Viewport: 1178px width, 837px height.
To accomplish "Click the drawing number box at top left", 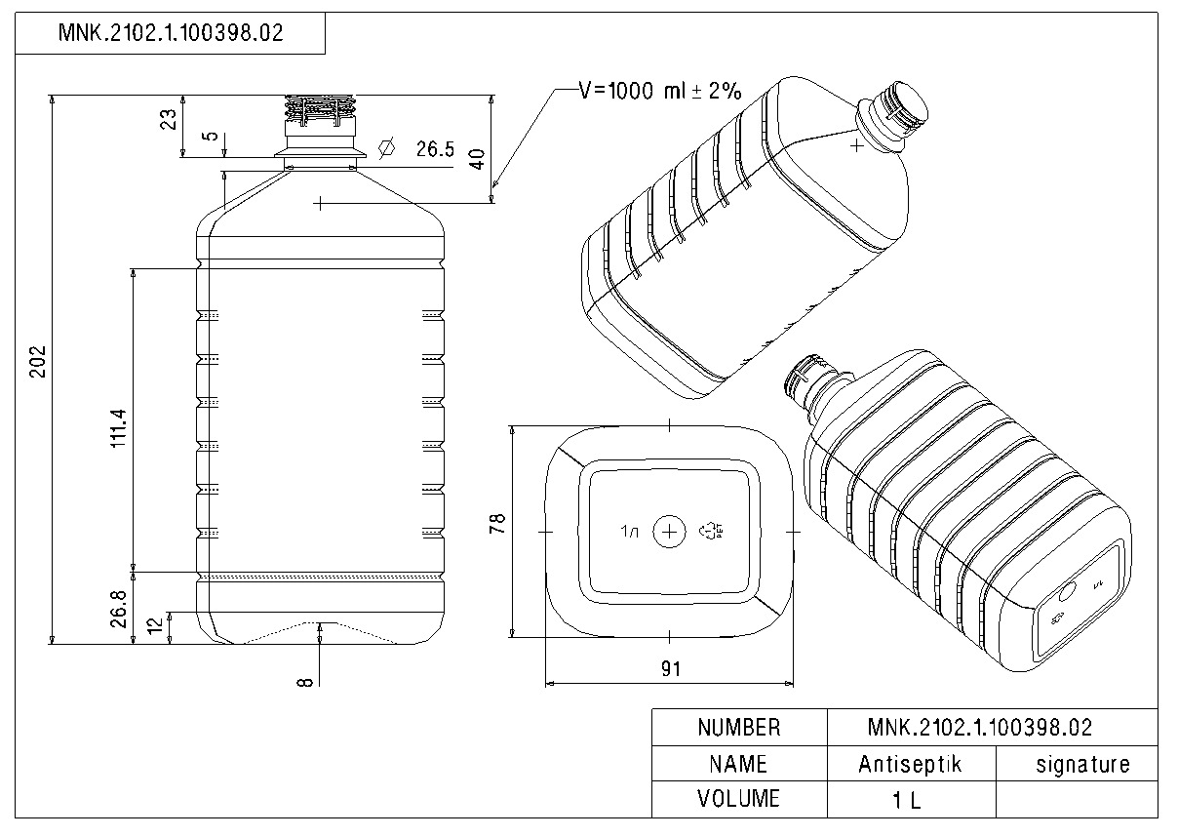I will point(171,33).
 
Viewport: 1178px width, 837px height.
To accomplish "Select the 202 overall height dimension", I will point(37,363).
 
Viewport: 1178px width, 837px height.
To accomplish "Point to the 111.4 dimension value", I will point(118,427).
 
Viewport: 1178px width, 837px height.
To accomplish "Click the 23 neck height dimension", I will point(169,118).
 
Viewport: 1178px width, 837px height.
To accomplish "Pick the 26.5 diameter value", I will point(435,149).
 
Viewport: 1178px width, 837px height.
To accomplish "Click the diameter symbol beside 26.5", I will point(386,148).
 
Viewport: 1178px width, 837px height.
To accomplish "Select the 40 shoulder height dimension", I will point(477,159).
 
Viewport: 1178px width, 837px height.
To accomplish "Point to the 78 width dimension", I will point(497,524).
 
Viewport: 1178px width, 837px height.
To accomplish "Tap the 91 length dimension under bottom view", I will point(670,668).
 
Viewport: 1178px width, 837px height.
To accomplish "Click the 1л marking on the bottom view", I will point(629,532).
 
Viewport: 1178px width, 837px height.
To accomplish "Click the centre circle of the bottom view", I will point(669,532).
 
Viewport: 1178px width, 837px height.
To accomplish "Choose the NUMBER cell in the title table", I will point(738,728).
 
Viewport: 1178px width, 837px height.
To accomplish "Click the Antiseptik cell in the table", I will point(910,764).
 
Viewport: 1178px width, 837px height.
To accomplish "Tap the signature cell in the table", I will point(1081,764).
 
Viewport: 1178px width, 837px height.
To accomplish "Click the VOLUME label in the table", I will point(738,799).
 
